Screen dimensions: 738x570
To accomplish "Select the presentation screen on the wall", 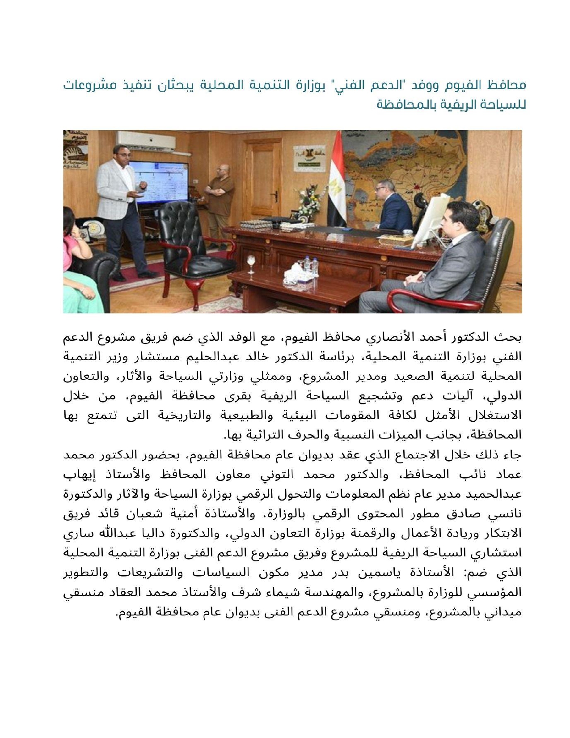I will (162, 182).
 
